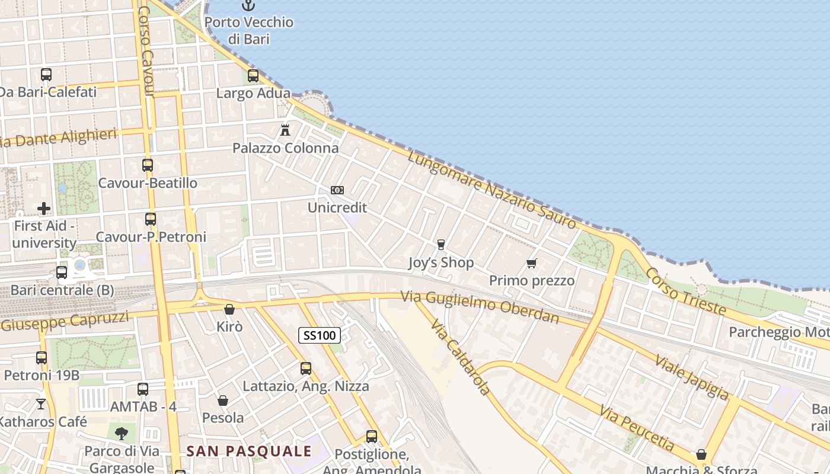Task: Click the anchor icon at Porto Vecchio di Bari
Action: pyautogui.click(x=248, y=6)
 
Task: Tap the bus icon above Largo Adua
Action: pyautogui.click(x=253, y=76)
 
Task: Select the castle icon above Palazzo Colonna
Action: pyautogui.click(x=285, y=130)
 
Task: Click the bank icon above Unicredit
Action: pyautogui.click(x=337, y=190)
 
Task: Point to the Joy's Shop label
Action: pyautogui.click(x=441, y=262)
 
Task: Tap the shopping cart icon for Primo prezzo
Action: pyautogui.click(x=532, y=263)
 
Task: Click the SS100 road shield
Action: pyautogui.click(x=320, y=335)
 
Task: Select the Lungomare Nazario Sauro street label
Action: pyautogui.click(x=491, y=189)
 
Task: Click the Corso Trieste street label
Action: pyautogui.click(x=685, y=291)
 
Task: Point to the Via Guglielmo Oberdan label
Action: pyautogui.click(x=480, y=307)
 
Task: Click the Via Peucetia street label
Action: pyautogui.click(x=637, y=427)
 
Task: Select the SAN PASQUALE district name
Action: pyautogui.click(x=249, y=451)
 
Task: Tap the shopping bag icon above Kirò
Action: pyautogui.click(x=229, y=309)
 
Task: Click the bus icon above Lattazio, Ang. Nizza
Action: pyautogui.click(x=306, y=369)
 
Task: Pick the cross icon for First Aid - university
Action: pyautogui.click(x=44, y=209)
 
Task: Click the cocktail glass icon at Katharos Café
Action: pyautogui.click(x=41, y=404)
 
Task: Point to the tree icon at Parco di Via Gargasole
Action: pyautogui.click(x=122, y=434)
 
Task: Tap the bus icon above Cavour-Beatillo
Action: pyautogui.click(x=148, y=165)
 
